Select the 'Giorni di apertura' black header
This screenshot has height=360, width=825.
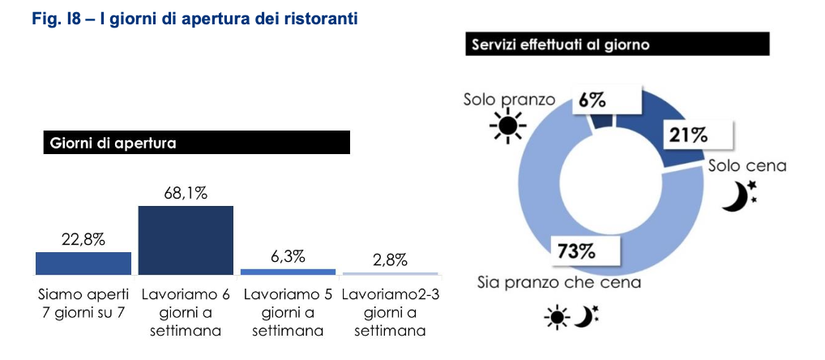pos(195,143)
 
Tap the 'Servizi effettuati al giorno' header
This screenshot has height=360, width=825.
pos(616,45)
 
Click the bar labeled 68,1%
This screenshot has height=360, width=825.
pos(186,240)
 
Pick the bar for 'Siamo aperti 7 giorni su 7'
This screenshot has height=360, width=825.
pos(83,263)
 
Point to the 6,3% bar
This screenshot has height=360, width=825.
pos(288,271)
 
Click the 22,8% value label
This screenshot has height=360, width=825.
pos(83,239)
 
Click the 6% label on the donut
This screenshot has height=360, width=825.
pos(592,101)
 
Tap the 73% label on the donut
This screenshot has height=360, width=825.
pos(576,251)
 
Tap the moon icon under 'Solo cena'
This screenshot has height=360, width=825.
pos(737,195)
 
